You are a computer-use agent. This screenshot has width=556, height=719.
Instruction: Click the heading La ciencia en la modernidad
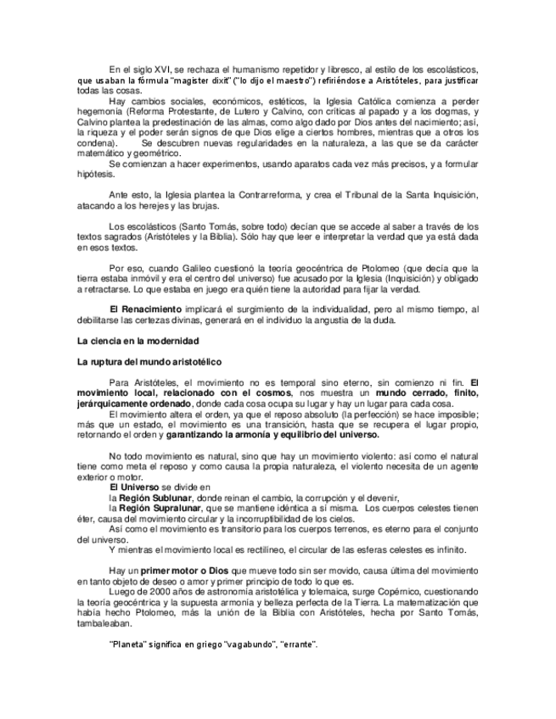[131, 341]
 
